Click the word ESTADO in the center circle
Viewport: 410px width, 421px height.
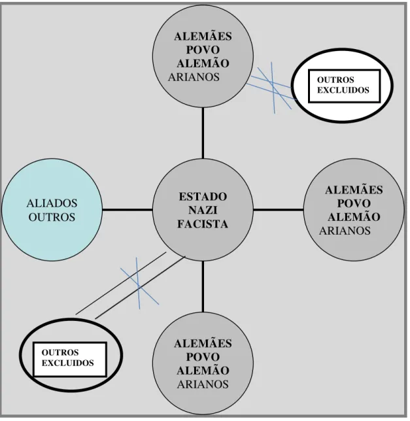203,197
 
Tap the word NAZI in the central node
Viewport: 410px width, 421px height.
203,210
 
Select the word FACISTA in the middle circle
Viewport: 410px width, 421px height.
203,224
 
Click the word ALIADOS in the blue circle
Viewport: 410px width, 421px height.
52,203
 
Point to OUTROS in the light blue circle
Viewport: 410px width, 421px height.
52,217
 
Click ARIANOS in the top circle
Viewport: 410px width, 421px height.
194,77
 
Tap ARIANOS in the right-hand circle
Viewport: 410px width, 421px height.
345,231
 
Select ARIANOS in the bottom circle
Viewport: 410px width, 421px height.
203,384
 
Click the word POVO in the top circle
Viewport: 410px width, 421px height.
203,50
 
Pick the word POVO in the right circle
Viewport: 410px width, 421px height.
354,203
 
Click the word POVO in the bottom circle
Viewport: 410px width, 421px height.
203,357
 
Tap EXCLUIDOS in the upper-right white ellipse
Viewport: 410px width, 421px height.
343,90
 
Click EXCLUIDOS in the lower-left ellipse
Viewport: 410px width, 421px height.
67,363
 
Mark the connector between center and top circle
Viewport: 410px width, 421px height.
203,133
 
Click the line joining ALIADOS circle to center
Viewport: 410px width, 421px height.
128,210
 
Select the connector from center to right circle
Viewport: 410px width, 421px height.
279,210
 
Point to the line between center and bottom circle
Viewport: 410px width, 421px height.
203,286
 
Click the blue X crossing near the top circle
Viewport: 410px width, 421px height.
273,86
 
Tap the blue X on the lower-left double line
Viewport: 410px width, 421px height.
139,284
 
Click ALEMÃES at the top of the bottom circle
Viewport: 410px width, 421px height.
203,343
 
